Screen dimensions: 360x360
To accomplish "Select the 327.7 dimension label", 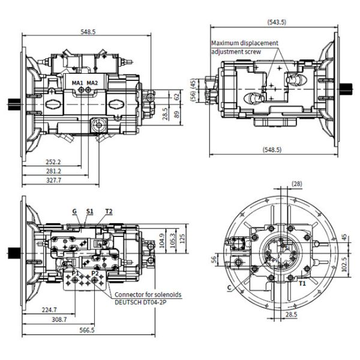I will (x=55, y=179).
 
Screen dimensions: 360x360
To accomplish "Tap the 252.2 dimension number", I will (x=55, y=161).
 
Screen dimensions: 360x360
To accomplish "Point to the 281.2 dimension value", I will (x=55, y=170).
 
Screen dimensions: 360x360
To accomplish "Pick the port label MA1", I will (x=77, y=82).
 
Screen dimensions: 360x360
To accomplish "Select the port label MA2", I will (x=92, y=82).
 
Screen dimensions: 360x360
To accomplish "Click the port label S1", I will (x=90, y=211).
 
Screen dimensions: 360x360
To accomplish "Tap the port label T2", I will (x=109, y=211).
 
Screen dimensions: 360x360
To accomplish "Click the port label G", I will (x=74, y=211).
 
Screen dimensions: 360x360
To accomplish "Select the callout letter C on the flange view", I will (x=229, y=287).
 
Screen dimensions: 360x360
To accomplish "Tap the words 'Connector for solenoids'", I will (x=148, y=295).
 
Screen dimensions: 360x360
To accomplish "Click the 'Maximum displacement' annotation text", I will (x=245, y=43).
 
